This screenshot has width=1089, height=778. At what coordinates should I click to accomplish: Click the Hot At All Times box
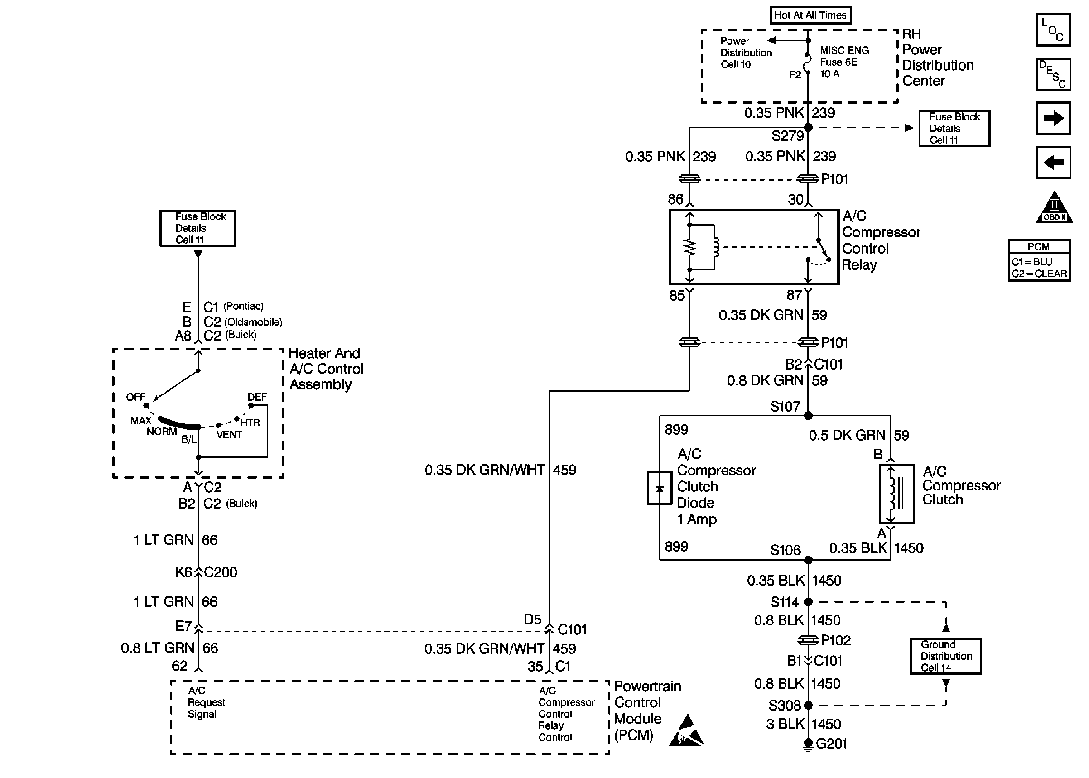[810, 15]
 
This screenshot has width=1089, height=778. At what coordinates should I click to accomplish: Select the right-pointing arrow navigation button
[1053, 118]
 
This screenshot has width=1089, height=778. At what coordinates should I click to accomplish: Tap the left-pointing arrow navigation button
[1053, 163]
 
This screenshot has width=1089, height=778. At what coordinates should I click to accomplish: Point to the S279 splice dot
[808, 127]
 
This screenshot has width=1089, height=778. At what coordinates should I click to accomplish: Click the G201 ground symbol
[808, 744]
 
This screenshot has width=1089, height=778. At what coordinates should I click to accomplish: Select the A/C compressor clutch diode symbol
[659, 488]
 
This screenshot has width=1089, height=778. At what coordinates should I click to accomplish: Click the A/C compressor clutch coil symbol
[896, 494]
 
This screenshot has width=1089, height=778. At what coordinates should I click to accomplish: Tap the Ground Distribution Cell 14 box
[945, 656]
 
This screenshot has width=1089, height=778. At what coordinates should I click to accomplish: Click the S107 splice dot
[808, 416]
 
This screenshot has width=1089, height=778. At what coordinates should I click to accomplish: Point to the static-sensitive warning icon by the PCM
[686, 731]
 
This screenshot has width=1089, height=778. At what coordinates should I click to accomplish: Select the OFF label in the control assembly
[135, 397]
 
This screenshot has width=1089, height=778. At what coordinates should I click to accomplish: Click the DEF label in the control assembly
[257, 397]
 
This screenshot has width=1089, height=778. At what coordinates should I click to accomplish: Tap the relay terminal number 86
[675, 199]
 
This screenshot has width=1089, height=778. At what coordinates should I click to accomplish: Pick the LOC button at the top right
[1053, 30]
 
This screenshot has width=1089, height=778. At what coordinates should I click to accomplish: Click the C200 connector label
[221, 572]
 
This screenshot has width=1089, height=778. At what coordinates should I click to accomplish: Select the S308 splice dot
[808, 705]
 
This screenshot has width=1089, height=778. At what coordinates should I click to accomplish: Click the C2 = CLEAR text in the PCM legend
[1039, 274]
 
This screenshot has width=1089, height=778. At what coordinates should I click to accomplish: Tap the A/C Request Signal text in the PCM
[206, 702]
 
